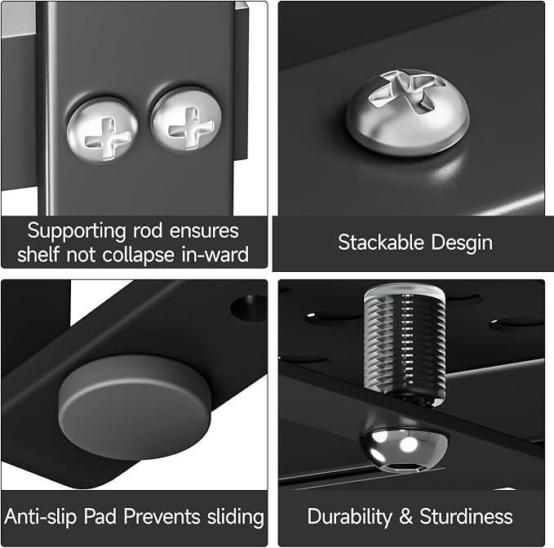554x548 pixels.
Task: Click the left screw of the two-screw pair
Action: (x=103, y=131)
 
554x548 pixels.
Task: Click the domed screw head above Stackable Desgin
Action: (x=407, y=112)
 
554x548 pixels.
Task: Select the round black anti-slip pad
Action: (x=135, y=408)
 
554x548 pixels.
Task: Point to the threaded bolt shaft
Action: (x=405, y=345)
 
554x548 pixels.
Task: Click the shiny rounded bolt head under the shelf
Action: (x=404, y=449)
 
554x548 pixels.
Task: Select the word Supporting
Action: (x=77, y=232)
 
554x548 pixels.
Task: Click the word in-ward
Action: (x=215, y=255)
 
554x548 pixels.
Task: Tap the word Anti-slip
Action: (x=41, y=517)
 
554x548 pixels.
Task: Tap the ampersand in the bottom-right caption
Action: (x=406, y=517)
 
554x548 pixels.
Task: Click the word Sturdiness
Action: (x=466, y=516)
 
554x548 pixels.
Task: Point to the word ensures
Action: (x=204, y=232)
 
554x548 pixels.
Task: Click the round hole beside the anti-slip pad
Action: (x=249, y=308)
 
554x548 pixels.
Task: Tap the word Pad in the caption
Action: (x=100, y=516)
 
